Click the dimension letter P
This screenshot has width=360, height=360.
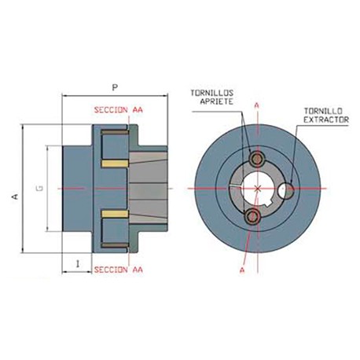[115, 88]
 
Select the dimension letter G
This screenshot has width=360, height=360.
[39, 188]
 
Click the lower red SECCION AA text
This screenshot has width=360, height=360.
[118, 270]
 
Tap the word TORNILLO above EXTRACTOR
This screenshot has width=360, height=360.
[323, 112]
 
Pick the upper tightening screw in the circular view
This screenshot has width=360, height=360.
[255, 160]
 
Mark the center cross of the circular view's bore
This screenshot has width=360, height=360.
[257, 189]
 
